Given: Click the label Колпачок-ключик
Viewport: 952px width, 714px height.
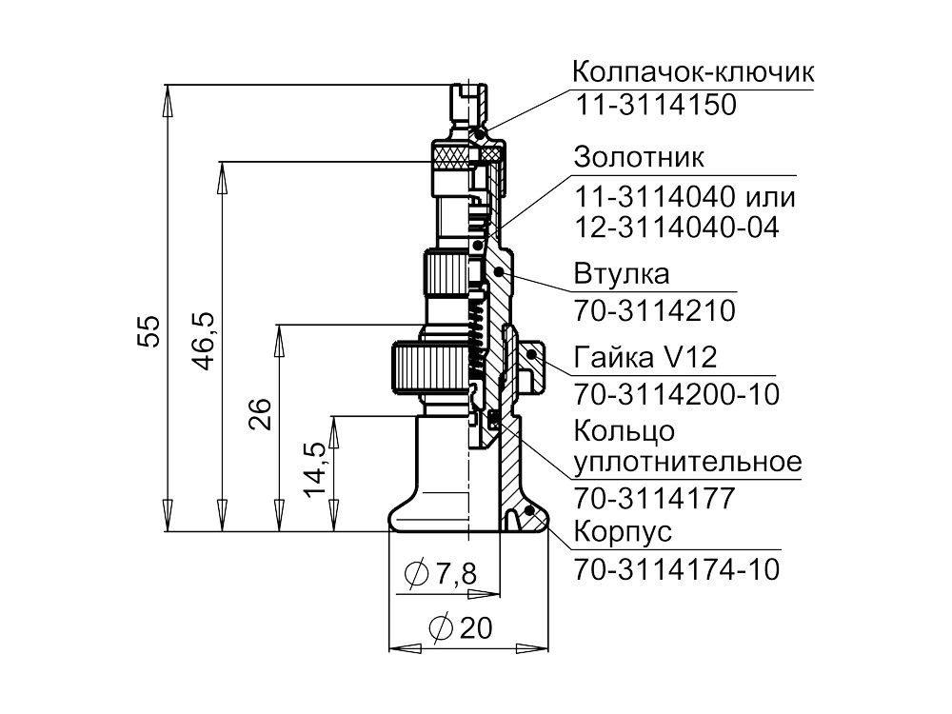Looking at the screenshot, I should (694, 72).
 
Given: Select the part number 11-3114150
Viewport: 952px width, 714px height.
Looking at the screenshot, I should (656, 106).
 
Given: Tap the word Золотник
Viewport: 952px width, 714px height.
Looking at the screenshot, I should (639, 155).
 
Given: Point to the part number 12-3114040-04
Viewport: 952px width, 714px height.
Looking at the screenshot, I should (676, 228).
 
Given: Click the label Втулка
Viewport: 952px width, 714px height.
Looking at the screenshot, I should (622, 274).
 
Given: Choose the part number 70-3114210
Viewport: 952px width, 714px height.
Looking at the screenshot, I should (654, 311).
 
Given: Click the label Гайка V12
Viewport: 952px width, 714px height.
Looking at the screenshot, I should (645, 357).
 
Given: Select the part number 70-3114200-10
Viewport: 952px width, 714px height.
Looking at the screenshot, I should (676, 393).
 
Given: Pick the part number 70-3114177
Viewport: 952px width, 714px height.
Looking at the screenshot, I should (654, 498).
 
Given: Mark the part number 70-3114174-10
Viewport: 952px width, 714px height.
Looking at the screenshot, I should (676, 569).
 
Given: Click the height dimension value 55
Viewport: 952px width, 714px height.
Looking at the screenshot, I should (149, 332).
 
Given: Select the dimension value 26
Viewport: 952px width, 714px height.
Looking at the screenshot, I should (261, 415).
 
